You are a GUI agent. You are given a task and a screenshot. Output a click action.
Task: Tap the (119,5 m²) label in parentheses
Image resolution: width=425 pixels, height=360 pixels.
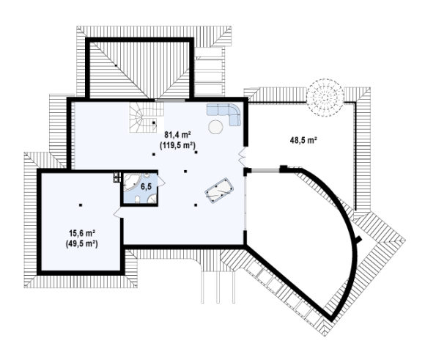coord(178,145)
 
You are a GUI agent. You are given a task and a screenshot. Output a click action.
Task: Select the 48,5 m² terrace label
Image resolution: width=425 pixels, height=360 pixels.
coord(304,140)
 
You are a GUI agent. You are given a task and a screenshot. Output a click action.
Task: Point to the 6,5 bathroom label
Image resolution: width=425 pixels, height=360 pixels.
coord(146,187)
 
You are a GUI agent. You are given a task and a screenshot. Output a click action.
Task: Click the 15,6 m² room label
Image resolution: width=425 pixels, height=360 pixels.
coord(81,232)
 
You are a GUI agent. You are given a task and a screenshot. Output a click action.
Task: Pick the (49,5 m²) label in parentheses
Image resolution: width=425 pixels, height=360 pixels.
coord(81,243)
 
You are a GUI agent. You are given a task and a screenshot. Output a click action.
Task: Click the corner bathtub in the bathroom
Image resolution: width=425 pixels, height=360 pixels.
coord(132,183)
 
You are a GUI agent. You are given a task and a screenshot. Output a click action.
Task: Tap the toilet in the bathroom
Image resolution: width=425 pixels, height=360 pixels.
coord(137,199)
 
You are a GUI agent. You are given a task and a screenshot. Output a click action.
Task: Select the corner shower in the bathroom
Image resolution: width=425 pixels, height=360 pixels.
coord(152,199)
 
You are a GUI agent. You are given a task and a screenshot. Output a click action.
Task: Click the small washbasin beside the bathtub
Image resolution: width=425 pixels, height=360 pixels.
coord(147,175)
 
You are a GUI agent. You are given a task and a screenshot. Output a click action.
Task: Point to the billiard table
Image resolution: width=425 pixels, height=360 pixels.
coord(219,190)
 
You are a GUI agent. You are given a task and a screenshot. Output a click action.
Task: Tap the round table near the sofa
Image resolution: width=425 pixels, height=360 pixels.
coord(215,127)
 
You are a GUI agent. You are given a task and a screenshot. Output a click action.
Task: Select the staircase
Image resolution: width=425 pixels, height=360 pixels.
coord(147,117)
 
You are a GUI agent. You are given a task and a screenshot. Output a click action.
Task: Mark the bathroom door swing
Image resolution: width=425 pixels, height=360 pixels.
coord(162,181)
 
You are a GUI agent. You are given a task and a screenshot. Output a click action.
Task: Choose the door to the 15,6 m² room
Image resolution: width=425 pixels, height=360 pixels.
coord(118,213)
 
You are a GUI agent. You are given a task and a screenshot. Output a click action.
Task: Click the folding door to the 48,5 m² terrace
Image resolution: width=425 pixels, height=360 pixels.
coord(242,156)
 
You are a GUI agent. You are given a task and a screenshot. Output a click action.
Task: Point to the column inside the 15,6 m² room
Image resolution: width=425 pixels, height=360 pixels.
coord(81,205)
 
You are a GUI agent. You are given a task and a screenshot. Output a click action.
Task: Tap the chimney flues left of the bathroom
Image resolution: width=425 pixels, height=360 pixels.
coord(117,177)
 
